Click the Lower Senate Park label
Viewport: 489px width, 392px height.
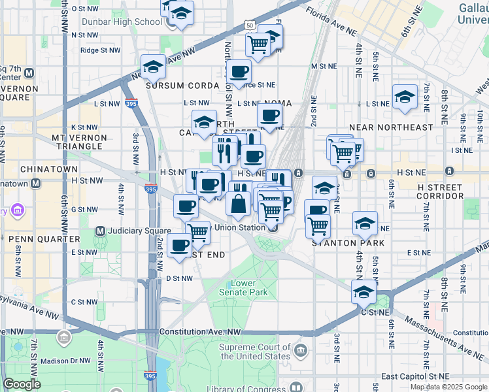[248, 288]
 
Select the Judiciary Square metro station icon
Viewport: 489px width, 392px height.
[101, 231]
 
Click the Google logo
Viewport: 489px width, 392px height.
[22, 384]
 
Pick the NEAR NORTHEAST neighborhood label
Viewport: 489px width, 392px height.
[391, 127]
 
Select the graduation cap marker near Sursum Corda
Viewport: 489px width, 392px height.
[153, 66]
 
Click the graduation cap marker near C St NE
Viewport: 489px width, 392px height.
[364, 291]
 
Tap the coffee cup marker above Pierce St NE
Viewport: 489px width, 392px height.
[238, 71]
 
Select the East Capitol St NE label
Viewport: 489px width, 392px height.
[416, 377]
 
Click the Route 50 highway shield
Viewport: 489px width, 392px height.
[250, 25]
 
